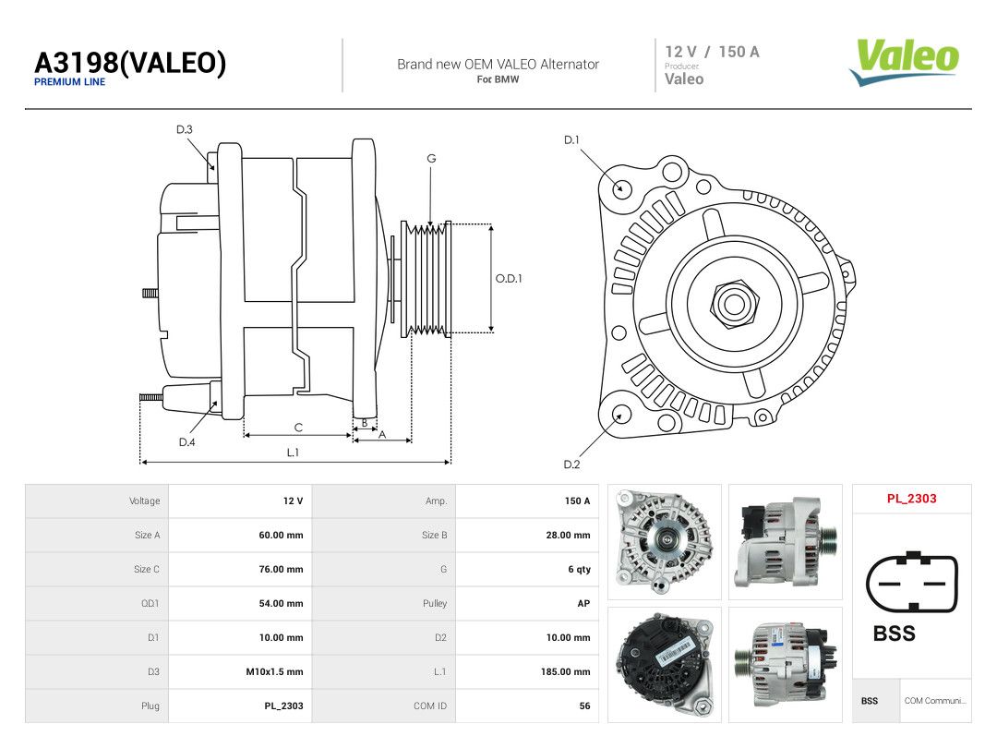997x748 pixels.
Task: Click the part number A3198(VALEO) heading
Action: pyautogui.click(x=130, y=63)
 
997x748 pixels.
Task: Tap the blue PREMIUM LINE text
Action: pyautogui.click(x=69, y=82)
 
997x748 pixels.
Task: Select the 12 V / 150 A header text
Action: pyautogui.click(x=712, y=52)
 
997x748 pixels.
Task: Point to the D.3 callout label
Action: pyautogui.click(x=185, y=130)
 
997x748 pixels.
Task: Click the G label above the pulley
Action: pyautogui.click(x=431, y=159)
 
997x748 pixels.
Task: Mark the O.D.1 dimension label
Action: pyautogui.click(x=509, y=279)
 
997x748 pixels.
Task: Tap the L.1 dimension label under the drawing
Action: pyautogui.click(x=293, y=452)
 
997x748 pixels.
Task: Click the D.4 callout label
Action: pyautogui.click(x=186, y=442)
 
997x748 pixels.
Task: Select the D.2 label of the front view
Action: pyautogui.click(x=571, y=464)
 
